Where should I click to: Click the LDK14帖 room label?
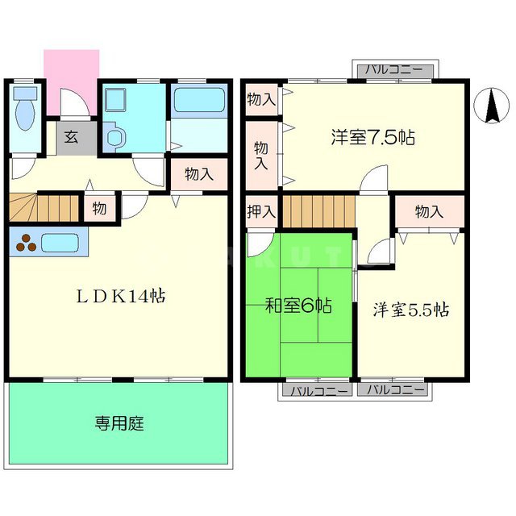point(121,296)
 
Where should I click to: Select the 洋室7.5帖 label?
point(372,137)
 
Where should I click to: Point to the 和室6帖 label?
point(298,306)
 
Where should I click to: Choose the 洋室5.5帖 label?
point(410,310)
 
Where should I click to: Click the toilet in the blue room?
point(25,114)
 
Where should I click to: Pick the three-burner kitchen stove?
point(26,242)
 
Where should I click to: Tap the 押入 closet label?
point(261,212)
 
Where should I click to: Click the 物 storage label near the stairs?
point(98,207)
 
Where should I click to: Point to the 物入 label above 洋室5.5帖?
point(429,212)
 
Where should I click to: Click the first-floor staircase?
point(45,208)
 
